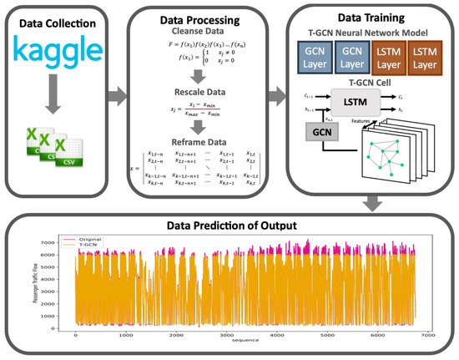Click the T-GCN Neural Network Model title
coord(373,33)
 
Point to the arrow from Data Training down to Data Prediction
coord(372,202)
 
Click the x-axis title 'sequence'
coord(250,342)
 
